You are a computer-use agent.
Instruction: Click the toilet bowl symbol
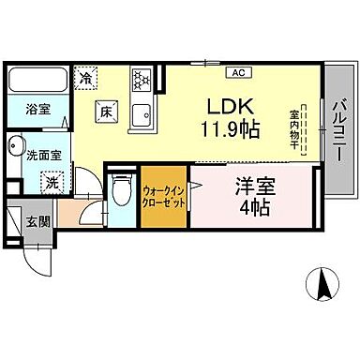click(x=120, y=193)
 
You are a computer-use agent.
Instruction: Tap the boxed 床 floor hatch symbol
click(x=106, y=112)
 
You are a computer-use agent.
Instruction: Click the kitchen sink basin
click(x=142, y=116)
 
